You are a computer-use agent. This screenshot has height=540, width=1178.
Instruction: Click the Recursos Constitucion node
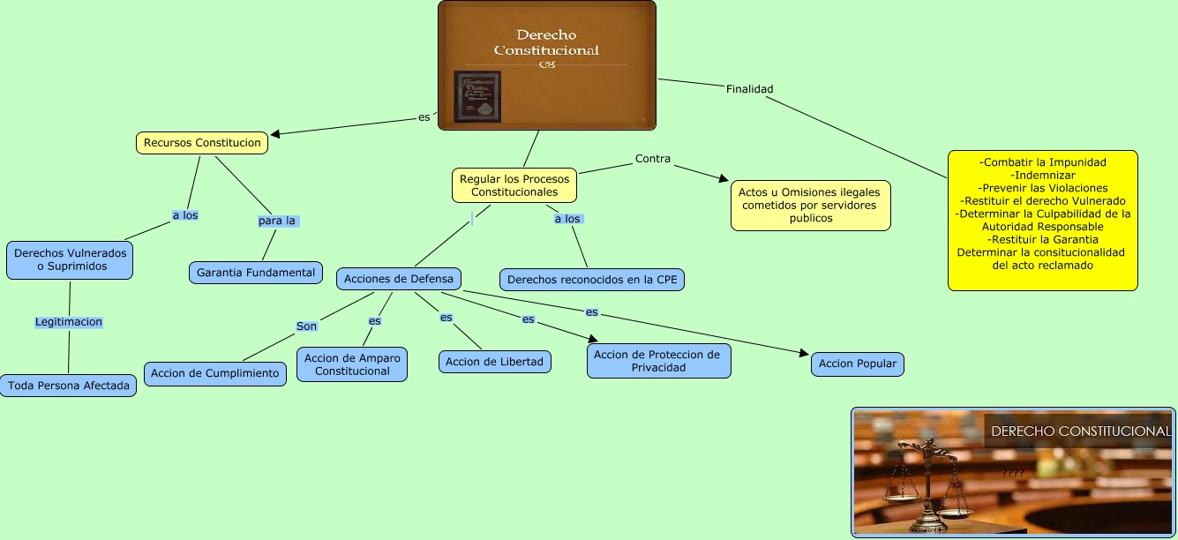pos(202,143)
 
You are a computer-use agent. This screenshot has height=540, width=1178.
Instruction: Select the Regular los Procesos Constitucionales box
pos(514,185)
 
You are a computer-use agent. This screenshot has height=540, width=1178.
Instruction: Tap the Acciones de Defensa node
pos(398,279)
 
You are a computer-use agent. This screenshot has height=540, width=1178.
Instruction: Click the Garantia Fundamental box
pos(256,273)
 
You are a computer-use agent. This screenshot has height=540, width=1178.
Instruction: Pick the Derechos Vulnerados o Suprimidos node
pos(71,259)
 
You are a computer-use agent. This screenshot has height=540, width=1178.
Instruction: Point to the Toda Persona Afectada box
pos(69,386)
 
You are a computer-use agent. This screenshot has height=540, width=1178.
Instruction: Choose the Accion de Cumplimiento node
pos(215,373)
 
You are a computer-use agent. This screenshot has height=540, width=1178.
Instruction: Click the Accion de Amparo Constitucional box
pos(352,364)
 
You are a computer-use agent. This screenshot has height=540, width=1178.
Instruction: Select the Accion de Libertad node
pos(495,362)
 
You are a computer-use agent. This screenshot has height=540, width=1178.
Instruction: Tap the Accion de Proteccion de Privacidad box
pos(658,361)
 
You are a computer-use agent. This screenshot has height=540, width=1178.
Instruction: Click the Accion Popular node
pos(858,364)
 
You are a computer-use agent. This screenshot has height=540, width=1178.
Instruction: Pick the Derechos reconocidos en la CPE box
pos(592,280)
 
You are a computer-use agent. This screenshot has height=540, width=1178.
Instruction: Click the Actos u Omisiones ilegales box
pos(810,206)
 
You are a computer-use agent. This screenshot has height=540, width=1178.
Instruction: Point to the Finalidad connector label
pos(749,89)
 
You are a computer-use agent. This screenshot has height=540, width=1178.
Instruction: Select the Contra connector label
pos(653,159)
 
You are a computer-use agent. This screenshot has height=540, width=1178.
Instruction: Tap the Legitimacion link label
pos(69,322)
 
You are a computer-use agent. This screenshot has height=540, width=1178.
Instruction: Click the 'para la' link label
pos(277,221)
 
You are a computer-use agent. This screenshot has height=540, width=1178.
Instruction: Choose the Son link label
pos(306,326)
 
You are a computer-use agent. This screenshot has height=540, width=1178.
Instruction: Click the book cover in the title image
pos(476,96)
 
